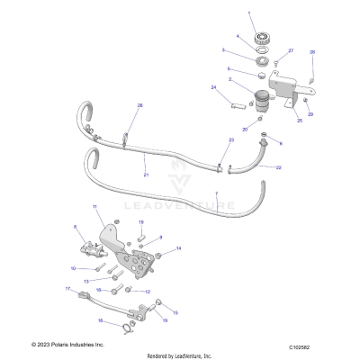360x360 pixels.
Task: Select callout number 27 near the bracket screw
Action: pyautogui.click(x=291, y=51)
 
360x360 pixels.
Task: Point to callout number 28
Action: pyautogui.click(x=312, y=54)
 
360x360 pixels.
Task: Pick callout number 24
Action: pyautogui.click(x=213, y=86)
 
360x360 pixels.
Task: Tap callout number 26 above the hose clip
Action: pyautogui.click(x=139, y=106)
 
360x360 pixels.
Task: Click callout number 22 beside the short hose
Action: pyautogui.click(x=277, y=168)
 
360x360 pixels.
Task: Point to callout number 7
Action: pyautogui.click(x=216, y=194)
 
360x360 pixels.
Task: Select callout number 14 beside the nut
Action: pyautogui.click(x=178, y=247)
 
